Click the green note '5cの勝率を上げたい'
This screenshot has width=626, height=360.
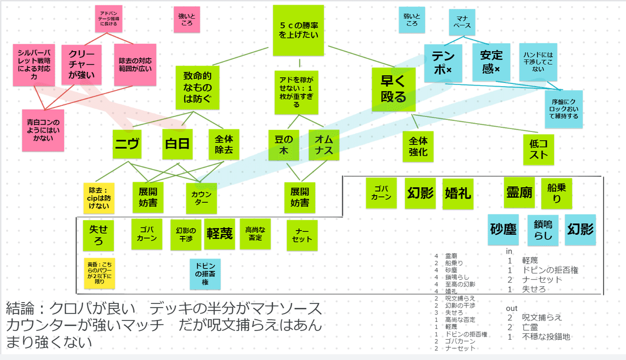point(298,30)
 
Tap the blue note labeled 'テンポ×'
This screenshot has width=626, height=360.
point(442,62)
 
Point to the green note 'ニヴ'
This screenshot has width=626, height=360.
point(128,145)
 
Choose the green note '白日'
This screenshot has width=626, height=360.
point(177,145)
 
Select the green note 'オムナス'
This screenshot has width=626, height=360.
point(324,145)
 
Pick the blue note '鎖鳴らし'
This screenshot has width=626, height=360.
point(543,230)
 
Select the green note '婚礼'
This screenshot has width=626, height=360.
point(458,193)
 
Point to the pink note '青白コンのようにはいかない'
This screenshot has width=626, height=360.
point(43,130)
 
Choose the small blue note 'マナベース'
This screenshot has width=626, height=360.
point(461,22)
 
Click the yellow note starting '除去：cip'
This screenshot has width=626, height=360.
point(99,198)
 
